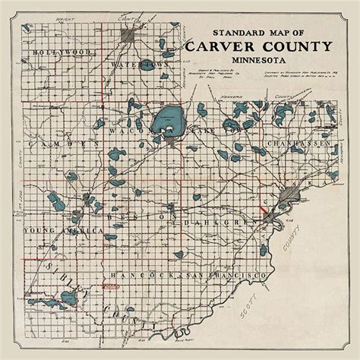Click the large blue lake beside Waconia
pos(166,119)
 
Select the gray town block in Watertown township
pos(128,36)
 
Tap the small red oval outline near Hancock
pos(112,287)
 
